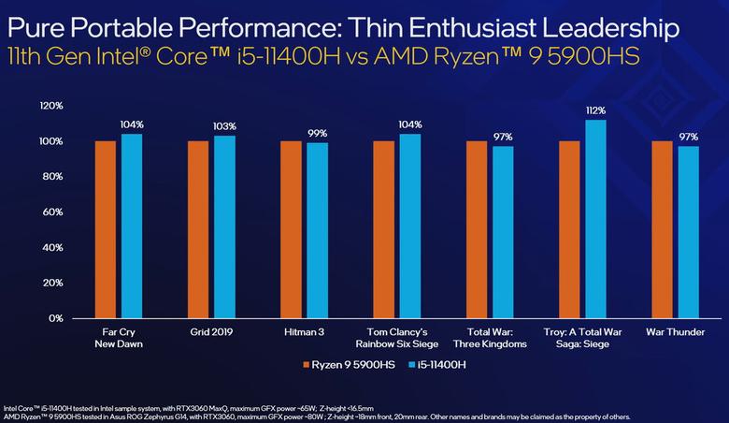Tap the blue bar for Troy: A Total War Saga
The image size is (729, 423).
(595, 220)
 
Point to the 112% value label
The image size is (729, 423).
(595, 111)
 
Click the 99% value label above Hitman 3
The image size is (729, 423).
(318, 134)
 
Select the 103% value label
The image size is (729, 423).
(224, 126)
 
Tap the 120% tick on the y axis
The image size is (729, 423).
(50, 106)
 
